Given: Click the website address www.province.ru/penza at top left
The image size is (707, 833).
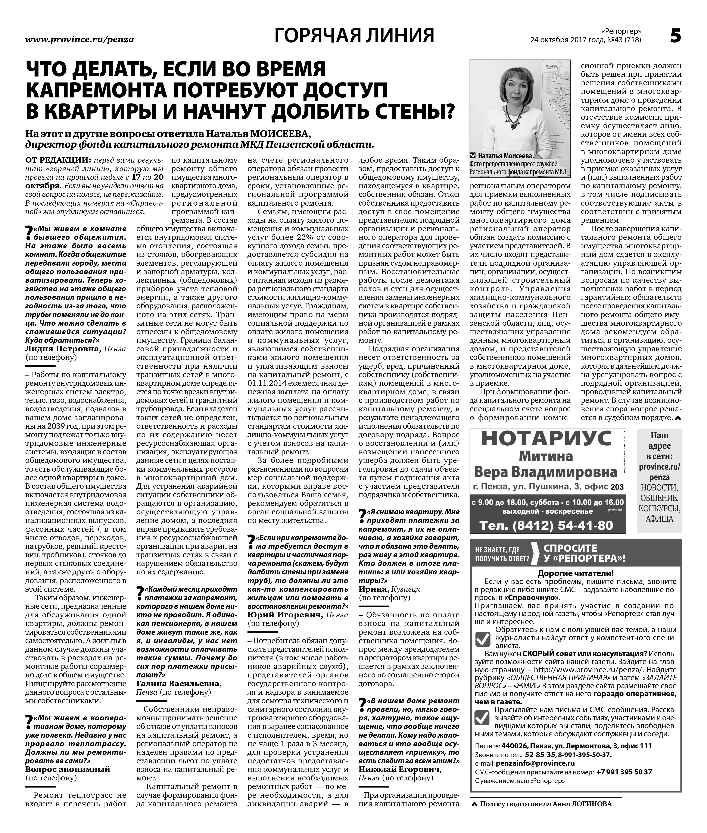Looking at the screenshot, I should (79, 39).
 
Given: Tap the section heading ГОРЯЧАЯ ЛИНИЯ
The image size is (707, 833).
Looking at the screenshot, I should (354, 35).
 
